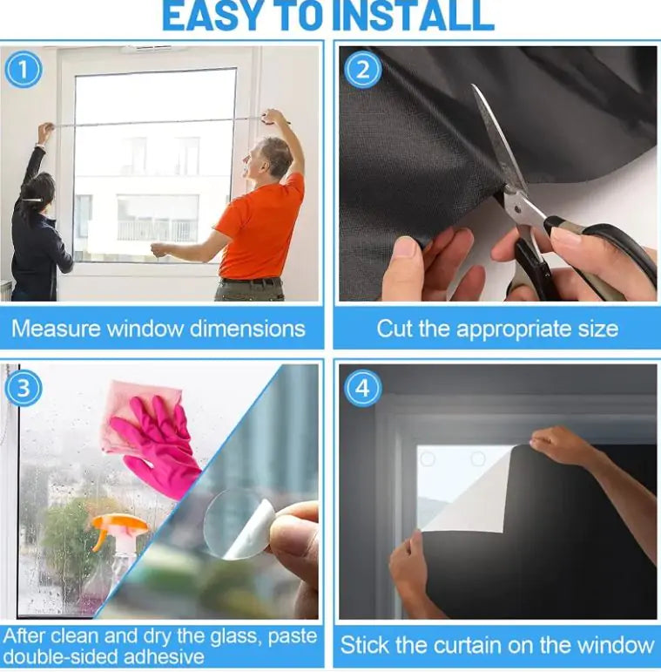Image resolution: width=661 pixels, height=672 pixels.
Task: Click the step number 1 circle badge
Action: [x=24, y=70]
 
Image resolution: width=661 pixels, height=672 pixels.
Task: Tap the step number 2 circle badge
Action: [x=361, y=70]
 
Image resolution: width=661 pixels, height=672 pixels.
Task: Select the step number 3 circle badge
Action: [x=24, y=389]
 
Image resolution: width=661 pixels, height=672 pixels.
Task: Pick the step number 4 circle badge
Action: [x=361, y=389]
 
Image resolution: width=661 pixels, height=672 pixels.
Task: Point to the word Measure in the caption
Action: [x=54, y=329]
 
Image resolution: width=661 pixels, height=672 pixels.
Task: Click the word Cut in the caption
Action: [x=393, y=329]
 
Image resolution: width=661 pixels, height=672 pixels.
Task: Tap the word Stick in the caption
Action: [x=366, y=645]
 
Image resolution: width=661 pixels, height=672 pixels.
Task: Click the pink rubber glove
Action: [x=158, y=440]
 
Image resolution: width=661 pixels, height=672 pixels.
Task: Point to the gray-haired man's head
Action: [x=275, y=157]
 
